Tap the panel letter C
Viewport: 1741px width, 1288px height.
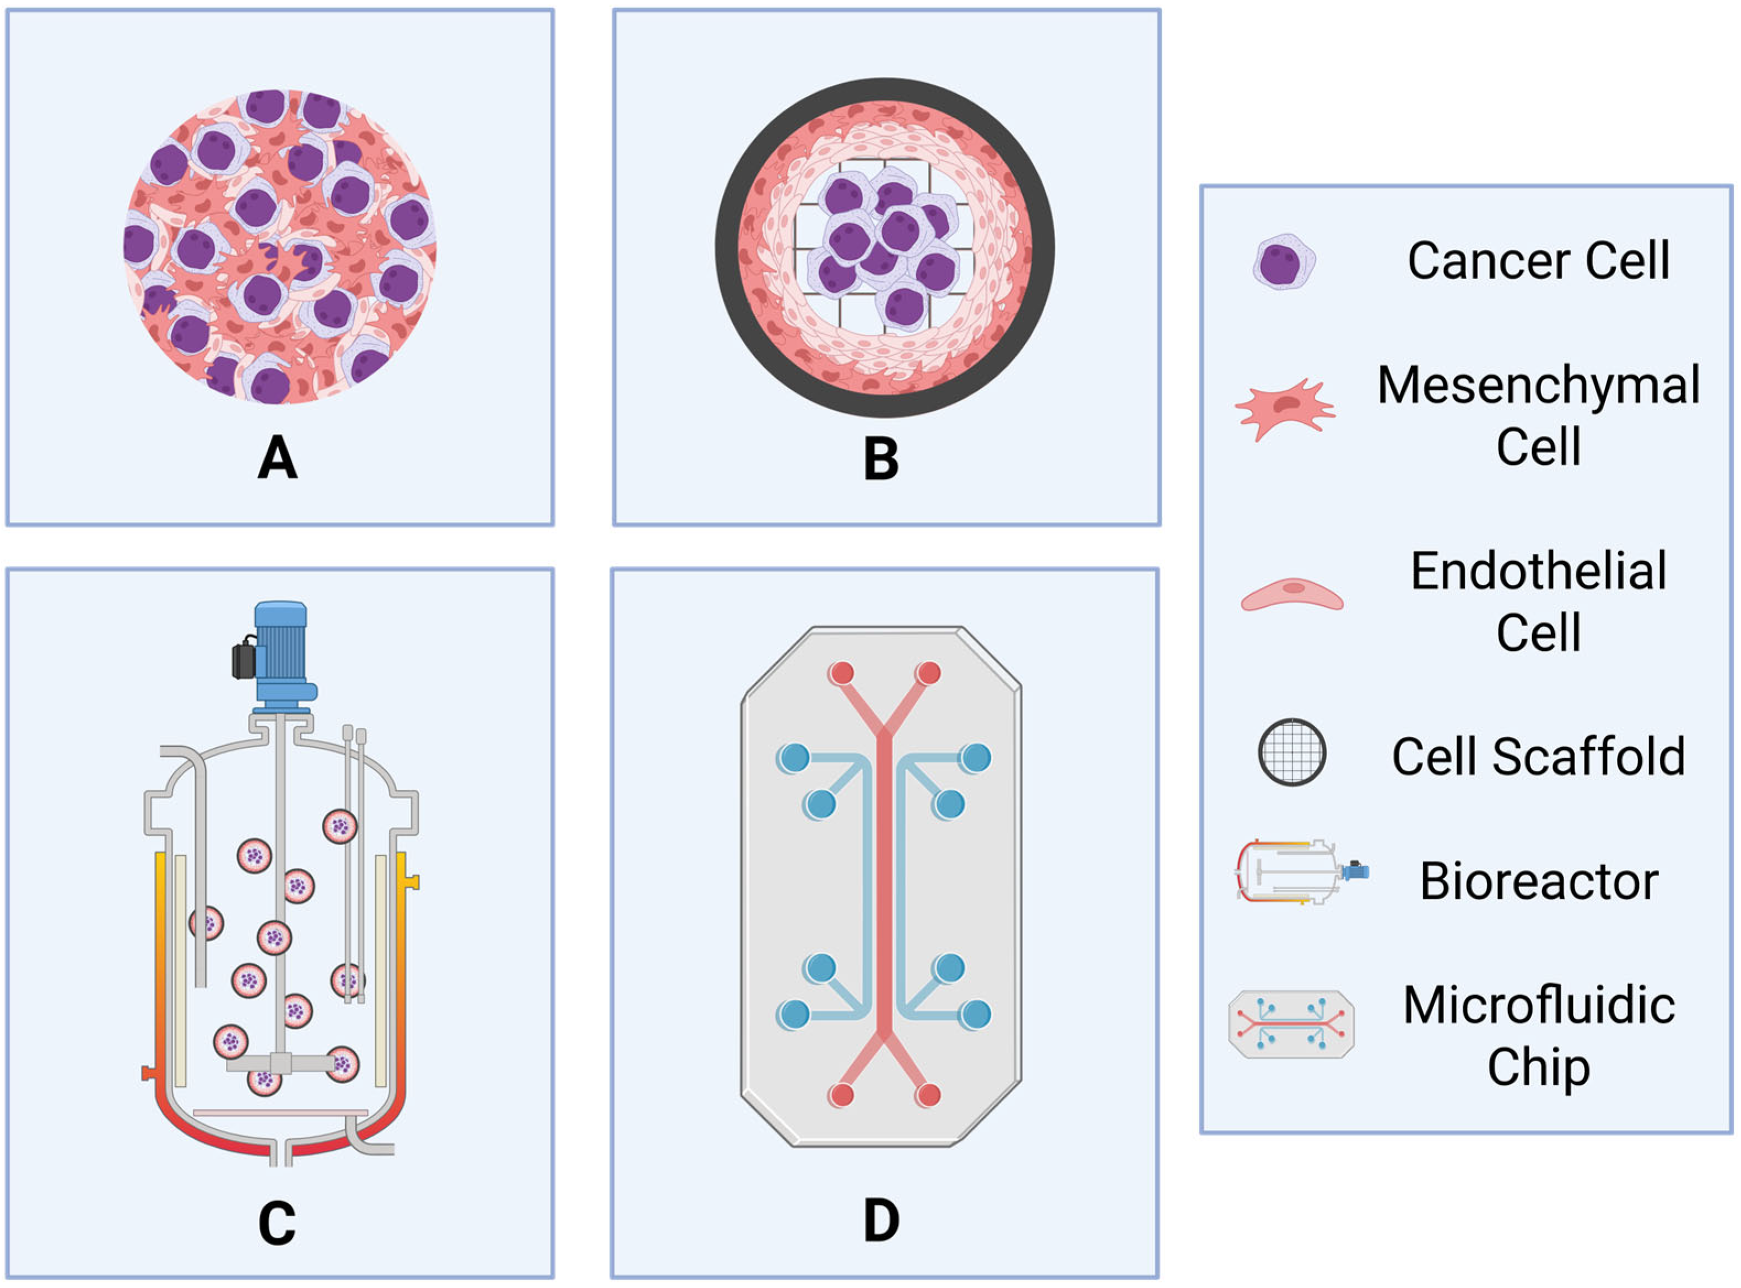coord(277,1222)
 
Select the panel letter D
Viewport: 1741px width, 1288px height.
coord(882,1220)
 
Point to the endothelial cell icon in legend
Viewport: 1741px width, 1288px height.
coord(1292,594)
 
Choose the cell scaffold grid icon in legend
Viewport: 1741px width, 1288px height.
coord(1292,752)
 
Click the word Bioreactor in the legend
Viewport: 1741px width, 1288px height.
coord(1538,882)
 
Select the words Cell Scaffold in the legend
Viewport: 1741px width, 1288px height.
coord(1538,756)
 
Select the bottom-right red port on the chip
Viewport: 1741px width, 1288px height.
coord(928,1095)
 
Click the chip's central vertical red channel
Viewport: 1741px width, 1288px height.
coord(884,881)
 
